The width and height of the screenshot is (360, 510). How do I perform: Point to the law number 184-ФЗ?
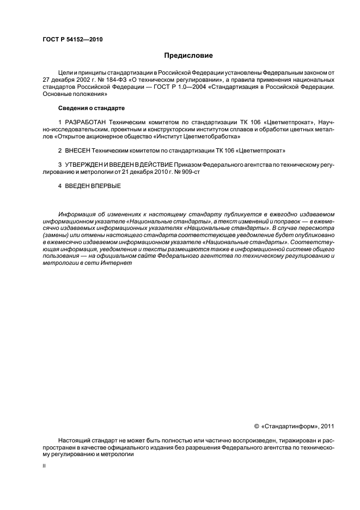coord(105,79)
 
